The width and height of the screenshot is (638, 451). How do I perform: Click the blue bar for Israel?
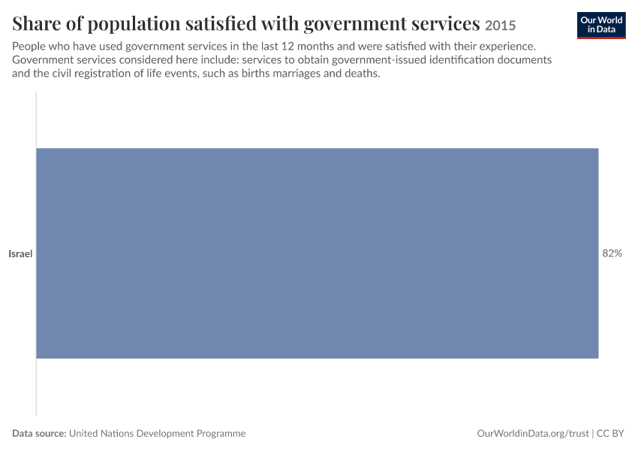coord(317,253)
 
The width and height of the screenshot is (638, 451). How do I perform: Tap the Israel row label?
coord(20,254)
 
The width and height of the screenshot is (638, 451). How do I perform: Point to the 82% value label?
coord(612,253)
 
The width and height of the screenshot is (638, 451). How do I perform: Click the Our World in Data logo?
coord(601,26)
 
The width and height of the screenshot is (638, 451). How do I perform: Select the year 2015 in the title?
coord(500,26)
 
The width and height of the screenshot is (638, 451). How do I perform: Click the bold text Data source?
coord(39,433)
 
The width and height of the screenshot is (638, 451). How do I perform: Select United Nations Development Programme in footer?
coord(157,434)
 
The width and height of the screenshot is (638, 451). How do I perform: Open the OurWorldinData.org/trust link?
coord(533,434)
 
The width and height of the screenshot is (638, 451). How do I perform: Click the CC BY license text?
coord(610,434)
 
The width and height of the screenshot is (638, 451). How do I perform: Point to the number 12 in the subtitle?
coord(287,46)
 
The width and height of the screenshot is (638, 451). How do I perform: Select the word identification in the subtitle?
coord(456,60)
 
